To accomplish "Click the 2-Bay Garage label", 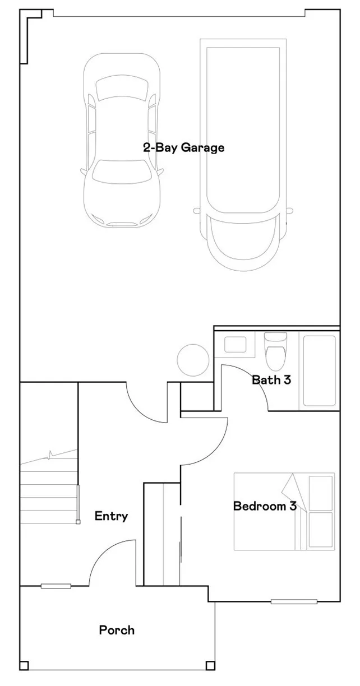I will coord(183,148).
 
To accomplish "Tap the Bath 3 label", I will coord(271,380).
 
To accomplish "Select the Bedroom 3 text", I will coord(264,507).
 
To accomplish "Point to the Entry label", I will coord(111,516).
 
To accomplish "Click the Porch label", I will coord(117,630).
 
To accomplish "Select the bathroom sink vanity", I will coord(236,344).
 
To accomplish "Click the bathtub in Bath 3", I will coord(319,370).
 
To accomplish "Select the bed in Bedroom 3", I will coord(284,511).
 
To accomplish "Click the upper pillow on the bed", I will coord(321,493).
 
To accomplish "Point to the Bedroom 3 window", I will coord(294,602).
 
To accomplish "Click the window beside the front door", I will coord(56,586).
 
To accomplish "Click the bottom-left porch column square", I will coord(24,666).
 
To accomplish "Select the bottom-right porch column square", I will coord(210,666).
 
